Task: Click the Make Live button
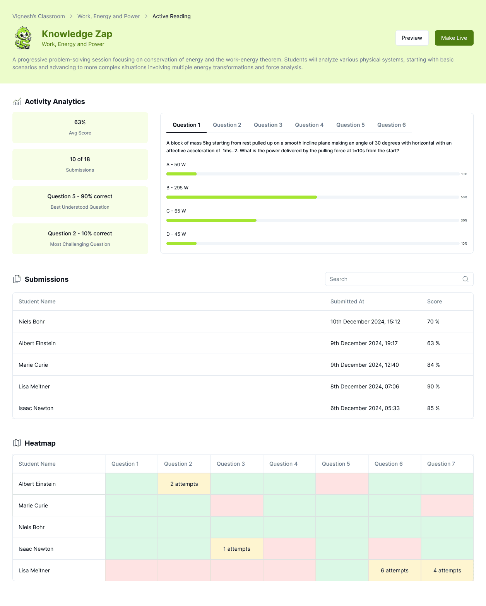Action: pos(454,38)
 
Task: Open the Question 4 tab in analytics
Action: pos(309,125)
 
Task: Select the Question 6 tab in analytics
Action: pos(391,125)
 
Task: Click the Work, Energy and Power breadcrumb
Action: pos(108,16)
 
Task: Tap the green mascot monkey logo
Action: pos(23,38)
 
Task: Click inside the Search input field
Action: pos(393,279)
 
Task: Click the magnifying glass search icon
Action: pos(465,279)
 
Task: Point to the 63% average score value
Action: pos(80,122)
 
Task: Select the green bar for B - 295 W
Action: pos(241,197)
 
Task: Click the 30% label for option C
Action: pos(464,221)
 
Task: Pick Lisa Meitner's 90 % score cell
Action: pos(433,386)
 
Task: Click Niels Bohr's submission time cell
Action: pos(365,322)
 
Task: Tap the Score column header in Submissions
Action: pos(435,301)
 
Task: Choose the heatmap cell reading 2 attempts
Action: pos(184,484)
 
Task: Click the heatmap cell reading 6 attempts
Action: pos(394,570)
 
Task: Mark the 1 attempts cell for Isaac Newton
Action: pos(237,548)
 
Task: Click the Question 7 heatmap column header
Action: pos(441,464)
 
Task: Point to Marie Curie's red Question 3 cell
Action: pos(237,506)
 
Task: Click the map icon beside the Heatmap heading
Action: pos(17,443)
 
